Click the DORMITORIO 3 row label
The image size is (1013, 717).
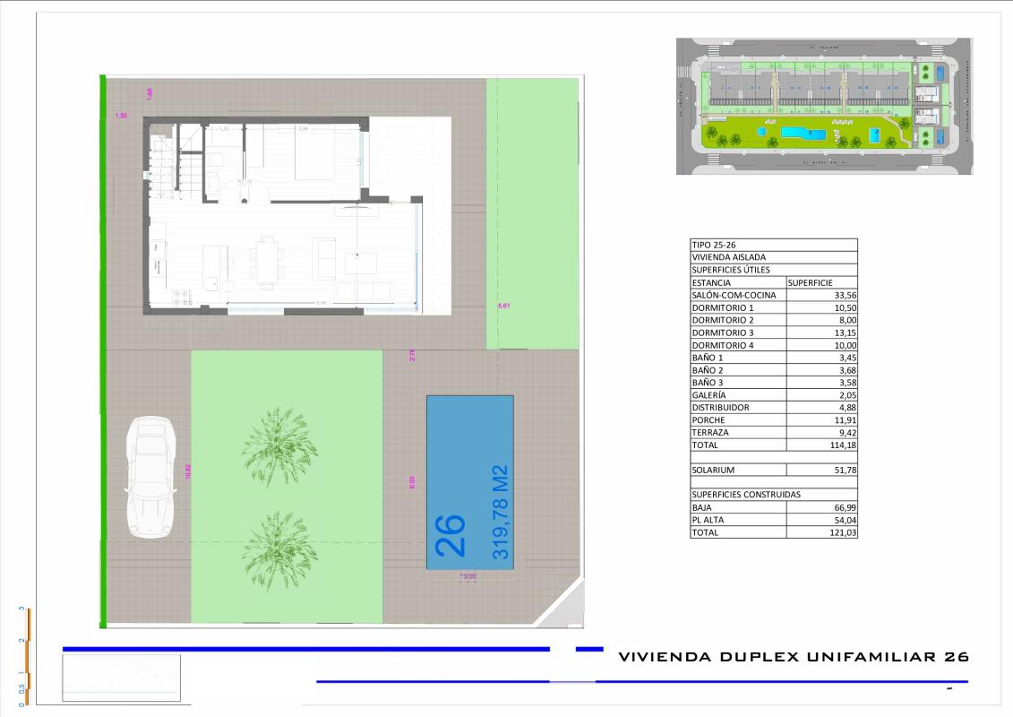(x=723, y=333)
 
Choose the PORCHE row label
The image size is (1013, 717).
(x=708, y=419)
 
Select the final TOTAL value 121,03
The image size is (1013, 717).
(x=844, y=532)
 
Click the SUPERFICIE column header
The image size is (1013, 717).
(x=811, y=282)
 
